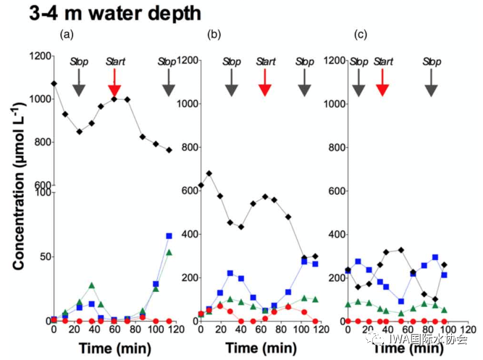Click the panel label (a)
67,34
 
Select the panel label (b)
214,34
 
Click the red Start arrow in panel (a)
114,85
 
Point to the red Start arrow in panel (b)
265,85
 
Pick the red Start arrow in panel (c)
383,85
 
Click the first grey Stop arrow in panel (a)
79,85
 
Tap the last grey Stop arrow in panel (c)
432,85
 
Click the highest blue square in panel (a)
169,236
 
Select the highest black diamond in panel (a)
54,84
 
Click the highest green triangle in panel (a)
169,253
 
